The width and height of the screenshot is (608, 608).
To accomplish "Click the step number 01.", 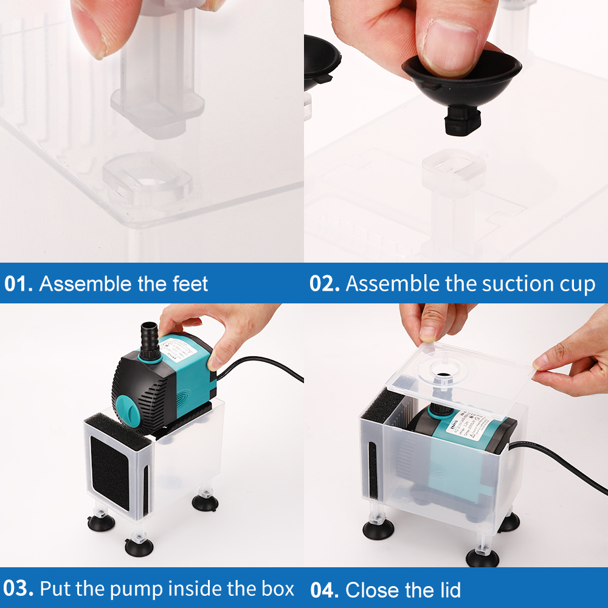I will coord(18,284).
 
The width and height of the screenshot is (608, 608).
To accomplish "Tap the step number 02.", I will coord(324,284).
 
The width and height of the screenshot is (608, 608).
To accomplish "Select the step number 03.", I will coord(18,589).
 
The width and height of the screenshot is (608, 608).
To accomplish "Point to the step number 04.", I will coord(324,590).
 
